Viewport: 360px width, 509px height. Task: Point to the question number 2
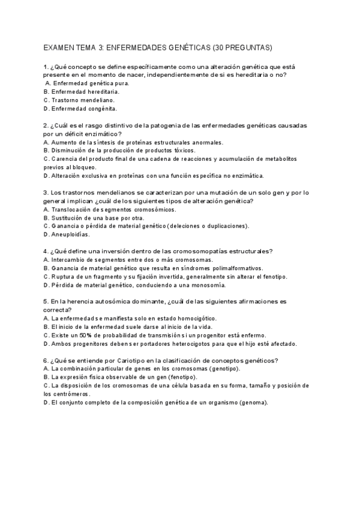46,125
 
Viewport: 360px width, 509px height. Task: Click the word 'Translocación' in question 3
73,209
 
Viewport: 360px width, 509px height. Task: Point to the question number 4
46,251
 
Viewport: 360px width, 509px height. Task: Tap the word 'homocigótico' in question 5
195,318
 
